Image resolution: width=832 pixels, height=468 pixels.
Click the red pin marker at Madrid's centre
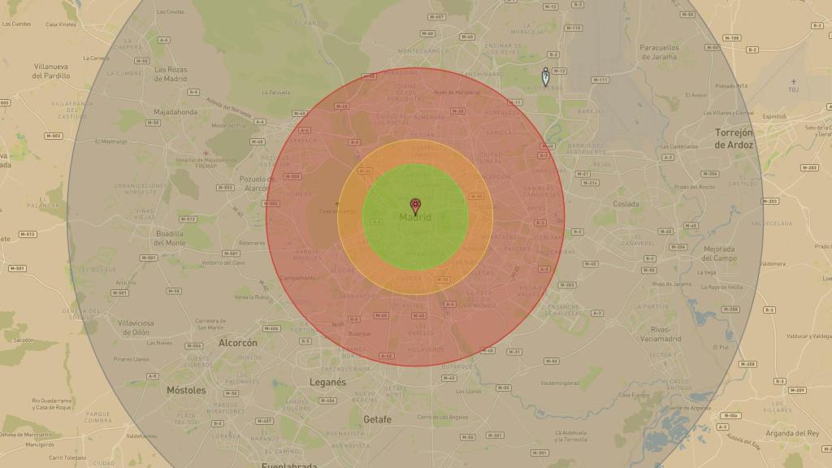click(x=415, y=205)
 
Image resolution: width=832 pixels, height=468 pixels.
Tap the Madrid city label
click(x=415, y=217)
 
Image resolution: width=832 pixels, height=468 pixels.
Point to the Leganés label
click(x=327, y=382)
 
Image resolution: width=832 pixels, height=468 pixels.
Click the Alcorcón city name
click(x=238, y=343)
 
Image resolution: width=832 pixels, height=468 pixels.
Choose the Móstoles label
click(x=186, y=390)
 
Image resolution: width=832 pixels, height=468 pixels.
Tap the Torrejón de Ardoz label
click(x=734, y=138)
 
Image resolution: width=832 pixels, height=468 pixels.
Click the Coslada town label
click(x=626, y=204)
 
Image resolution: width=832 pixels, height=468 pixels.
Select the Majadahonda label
click(x=175, y=112)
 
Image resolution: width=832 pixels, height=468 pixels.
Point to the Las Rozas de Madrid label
click(x=171, y=74)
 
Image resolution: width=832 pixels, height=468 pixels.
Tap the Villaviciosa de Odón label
click(x=135, y=327)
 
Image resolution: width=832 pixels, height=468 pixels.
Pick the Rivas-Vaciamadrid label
click(x=660, y=334)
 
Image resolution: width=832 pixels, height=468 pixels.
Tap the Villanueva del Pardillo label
click(x=52, y=71)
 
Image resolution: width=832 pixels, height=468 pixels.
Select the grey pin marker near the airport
click(x=545, y=78)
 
